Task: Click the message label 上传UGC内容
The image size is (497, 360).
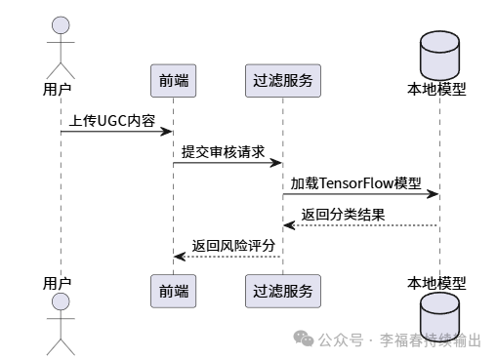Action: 111,121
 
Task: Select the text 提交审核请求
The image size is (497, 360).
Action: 223,152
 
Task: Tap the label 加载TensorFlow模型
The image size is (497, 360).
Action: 353,183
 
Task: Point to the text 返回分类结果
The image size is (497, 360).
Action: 343,215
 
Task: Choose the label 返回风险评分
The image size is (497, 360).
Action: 232,246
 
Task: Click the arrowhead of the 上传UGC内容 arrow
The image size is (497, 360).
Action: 167,132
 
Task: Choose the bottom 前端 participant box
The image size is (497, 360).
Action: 173,289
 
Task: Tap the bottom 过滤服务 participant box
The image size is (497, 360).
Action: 282,289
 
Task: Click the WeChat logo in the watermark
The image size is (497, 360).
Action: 305,340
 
